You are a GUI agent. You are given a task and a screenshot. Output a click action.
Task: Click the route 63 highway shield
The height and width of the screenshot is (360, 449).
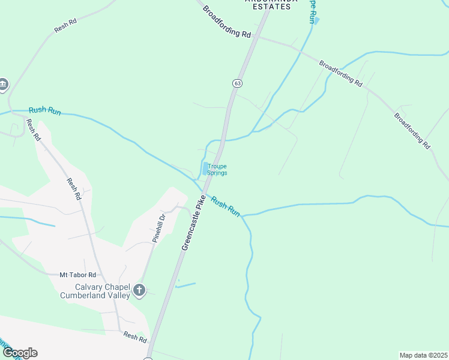(238, 83)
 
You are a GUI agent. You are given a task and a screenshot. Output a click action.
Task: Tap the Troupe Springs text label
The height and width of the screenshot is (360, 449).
(217, 169)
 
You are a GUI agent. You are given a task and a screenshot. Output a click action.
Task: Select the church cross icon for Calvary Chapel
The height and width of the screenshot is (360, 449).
(139, 291)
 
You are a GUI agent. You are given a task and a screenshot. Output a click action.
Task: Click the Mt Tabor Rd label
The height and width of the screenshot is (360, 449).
(77, 275)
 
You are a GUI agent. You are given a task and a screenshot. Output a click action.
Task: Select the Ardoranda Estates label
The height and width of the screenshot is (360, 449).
(268, 5)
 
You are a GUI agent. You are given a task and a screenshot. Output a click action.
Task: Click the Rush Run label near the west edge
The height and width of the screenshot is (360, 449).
(45, 111)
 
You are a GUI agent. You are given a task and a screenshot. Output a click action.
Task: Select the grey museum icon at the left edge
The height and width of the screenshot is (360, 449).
(4, 85)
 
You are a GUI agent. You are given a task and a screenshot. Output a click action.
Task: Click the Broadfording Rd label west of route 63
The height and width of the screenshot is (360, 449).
(226, 22)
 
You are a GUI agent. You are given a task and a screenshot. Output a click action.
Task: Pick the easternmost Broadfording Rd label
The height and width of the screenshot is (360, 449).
(412, 130)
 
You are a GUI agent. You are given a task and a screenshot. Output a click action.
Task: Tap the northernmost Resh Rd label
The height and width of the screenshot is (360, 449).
(65, 26)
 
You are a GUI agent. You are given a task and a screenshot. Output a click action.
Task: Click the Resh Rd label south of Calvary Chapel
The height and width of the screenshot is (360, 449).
(135, 337)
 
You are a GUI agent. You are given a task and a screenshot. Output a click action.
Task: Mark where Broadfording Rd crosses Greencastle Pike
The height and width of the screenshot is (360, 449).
(259, 37)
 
